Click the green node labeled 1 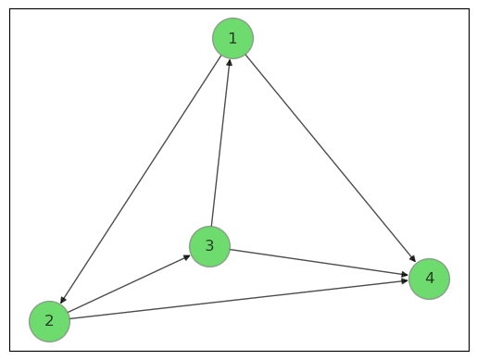click(232, 38)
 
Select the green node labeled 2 click(49, 321)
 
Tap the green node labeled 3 click(209, 246)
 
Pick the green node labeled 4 click(429, 279)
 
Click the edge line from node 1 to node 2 click(141, 180)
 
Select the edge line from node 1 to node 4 click(331, 158)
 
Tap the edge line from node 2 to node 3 click(130, 283)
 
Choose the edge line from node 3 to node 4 click(320, 262)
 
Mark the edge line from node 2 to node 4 click(239, 300)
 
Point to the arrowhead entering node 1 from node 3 click(229, 62)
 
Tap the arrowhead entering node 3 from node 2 click(187, 256)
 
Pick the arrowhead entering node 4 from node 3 click(404, 275)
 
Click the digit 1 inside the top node click(232, 38)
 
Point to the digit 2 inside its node click(49, 321)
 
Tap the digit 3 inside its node click(209, 246)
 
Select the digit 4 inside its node click(429, 279)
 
